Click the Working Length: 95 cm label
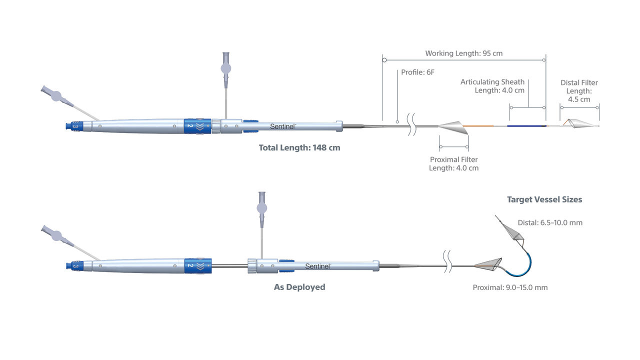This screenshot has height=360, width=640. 463,53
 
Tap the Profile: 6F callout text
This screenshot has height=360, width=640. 417,72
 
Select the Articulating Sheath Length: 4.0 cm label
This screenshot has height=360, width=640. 492,86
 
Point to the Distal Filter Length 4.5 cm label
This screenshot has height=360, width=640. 579,91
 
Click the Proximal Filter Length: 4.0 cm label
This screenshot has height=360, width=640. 453,164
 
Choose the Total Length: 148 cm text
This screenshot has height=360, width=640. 299,148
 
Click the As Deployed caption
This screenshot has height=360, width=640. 299,287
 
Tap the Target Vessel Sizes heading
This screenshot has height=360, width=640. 544,199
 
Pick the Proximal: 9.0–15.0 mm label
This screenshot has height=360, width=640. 510,287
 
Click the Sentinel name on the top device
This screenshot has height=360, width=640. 282,126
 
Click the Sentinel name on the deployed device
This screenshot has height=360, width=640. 318,266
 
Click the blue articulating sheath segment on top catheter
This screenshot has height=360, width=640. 526,126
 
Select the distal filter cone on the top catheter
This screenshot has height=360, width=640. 581,123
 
